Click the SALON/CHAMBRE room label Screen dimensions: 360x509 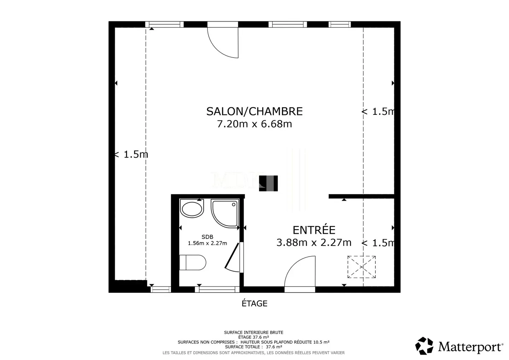click(x=255, y=111)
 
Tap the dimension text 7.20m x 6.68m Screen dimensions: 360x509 click(x=255, y=124)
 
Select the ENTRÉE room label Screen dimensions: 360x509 click(x=314, y=230)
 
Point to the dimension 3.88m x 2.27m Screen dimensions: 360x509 click(x=314, y=243)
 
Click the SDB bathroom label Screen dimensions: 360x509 click(x=207, y=237)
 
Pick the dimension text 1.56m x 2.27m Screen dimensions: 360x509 click(x=207, y=243)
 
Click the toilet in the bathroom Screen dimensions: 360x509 click(x=193, y=262)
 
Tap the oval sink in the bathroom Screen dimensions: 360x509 click(x=192, y=208)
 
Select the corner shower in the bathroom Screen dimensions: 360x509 click(x=224, y=213)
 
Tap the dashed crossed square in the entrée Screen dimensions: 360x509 click(x=361, y=267)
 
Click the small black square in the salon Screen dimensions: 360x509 click(x=268, y=183)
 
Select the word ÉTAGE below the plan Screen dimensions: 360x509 click(x=255, y=303)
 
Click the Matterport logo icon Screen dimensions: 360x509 click(x=424, y=346)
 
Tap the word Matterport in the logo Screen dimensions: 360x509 click(x=470, y=347)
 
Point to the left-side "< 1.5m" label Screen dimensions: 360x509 click(x=131, y=155)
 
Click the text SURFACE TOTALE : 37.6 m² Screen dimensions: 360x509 click(x=253, y=347)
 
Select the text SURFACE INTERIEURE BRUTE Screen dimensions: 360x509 click(x=253, y=332)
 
